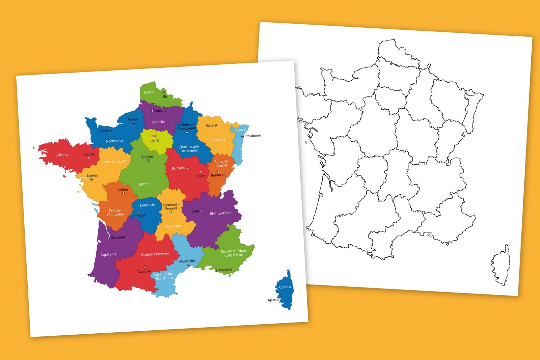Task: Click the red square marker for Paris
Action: coord(154,137)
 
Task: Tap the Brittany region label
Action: coord(62,155)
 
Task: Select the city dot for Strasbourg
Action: coord(242,136)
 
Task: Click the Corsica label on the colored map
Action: coord(285,287)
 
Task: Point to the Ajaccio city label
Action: coord(273,300)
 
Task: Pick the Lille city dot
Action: coord(164,92)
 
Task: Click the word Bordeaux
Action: coord(118,238)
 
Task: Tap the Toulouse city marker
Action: coord(145,268)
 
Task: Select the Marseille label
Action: coord(225,270)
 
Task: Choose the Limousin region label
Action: coord(147,205)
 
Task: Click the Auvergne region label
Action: coord(174,226)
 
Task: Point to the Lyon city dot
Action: coord(201,211)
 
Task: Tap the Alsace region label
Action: coord(240,130)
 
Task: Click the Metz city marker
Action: coord(216,125)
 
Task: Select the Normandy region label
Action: coord(114,141)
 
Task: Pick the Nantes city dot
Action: coord(91,179)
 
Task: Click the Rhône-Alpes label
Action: coord(220,213)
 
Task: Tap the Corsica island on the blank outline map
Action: coord(501,267)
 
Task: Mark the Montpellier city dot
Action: coord(188,265)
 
